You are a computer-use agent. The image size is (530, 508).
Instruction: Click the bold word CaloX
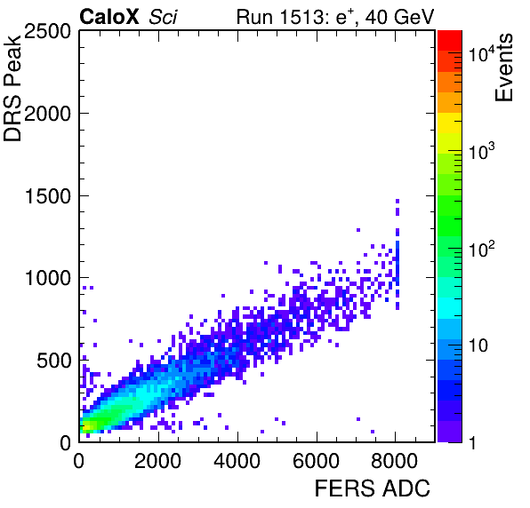(109, 17)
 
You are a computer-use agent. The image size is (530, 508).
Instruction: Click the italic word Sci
(164, 17)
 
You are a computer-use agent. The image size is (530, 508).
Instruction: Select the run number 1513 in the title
(301, 17)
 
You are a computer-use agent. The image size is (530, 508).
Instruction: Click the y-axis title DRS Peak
(12, 87)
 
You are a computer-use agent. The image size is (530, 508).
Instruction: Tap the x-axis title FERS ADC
(373, 488)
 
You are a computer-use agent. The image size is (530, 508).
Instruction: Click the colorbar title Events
(503, 67)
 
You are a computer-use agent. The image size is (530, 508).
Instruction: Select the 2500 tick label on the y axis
(47, 31)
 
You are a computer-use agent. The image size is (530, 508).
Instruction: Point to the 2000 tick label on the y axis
(47, 114)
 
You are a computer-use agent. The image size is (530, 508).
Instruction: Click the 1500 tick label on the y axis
(48, 196)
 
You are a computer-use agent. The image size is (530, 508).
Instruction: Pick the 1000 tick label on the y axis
(48, 279)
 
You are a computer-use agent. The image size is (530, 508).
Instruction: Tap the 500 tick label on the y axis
(53, 361)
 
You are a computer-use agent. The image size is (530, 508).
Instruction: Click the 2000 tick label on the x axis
(158, 461)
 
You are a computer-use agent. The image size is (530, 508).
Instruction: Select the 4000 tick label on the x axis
(237, 461)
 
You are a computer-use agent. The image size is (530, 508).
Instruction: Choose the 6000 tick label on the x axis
(316, 461)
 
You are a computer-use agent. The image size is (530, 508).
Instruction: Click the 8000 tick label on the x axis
(395, 461)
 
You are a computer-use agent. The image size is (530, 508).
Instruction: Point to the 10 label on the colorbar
(478, 345)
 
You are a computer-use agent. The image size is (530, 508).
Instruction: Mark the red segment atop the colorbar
(450, 41)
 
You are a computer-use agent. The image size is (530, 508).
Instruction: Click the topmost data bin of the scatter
(397, 202)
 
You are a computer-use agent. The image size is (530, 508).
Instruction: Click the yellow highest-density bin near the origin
(86, 428)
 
